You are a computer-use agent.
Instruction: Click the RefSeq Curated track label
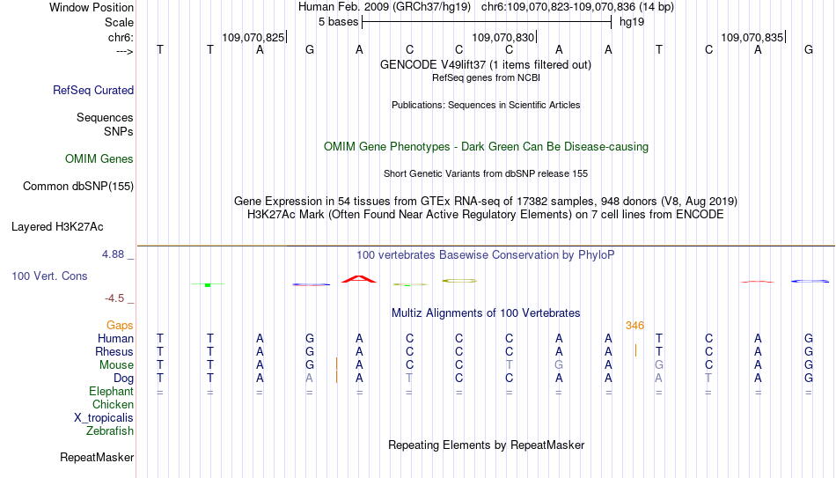[93, 90]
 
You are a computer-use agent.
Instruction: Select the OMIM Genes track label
[99, 159]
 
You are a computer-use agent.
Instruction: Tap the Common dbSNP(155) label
[78, 187]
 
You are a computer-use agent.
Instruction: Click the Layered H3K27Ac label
[57, 227]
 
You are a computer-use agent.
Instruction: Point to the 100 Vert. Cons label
[49, 276]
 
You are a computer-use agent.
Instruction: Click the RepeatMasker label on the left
[97, 457]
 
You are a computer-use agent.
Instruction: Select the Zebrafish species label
[110, 430]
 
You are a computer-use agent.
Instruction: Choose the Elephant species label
[112, 391]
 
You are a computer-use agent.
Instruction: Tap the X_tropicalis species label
[104, 418]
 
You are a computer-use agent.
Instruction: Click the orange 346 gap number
[635, 326]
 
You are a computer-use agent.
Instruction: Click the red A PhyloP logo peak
[359, 279]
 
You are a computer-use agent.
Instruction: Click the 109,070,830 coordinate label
[502, 37]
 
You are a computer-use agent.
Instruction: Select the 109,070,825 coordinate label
[253, 37]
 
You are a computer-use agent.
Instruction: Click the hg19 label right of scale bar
[632, 22]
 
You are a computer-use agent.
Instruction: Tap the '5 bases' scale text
[339, 22]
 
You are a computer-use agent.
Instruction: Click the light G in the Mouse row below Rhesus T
[659, 365]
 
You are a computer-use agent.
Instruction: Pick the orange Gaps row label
[120, 326]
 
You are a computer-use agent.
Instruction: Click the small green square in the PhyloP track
[208, 285]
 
